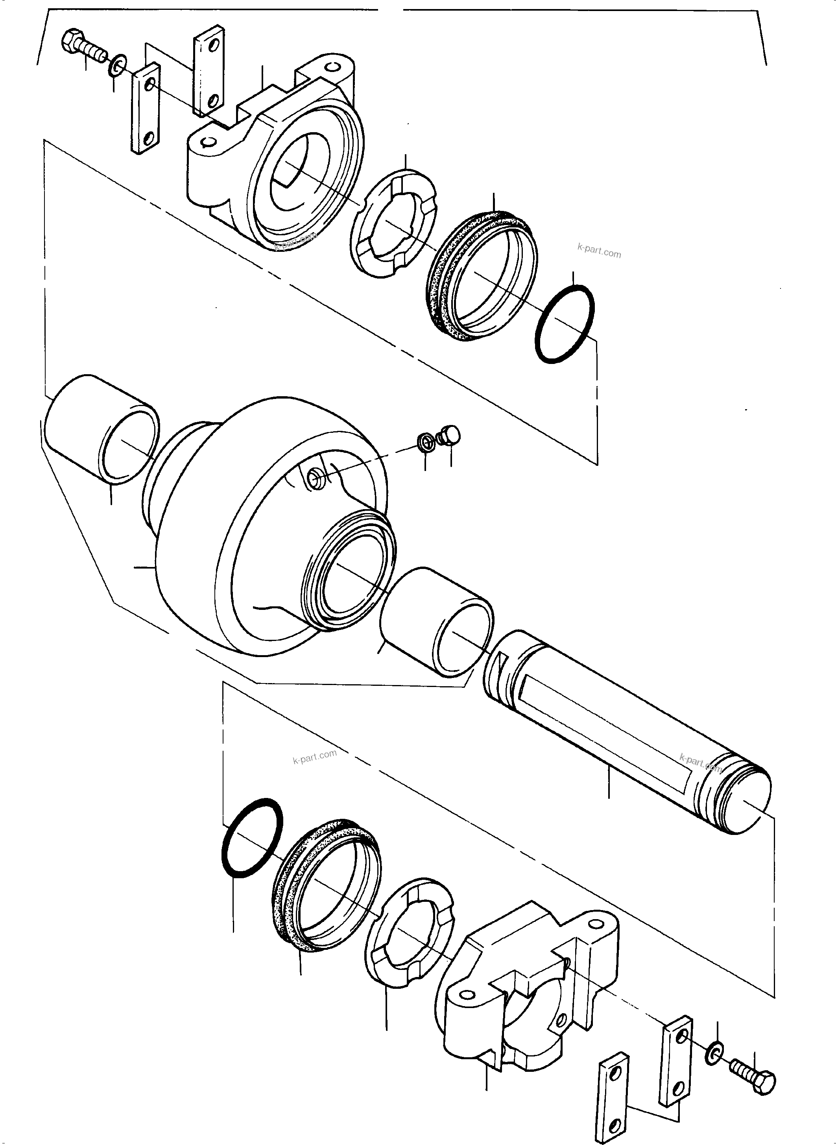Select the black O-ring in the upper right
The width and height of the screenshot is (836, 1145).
pyautogui.click(x=564, y=324)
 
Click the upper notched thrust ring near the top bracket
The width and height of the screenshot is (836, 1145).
pyautogui.click(x=393, y=223)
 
